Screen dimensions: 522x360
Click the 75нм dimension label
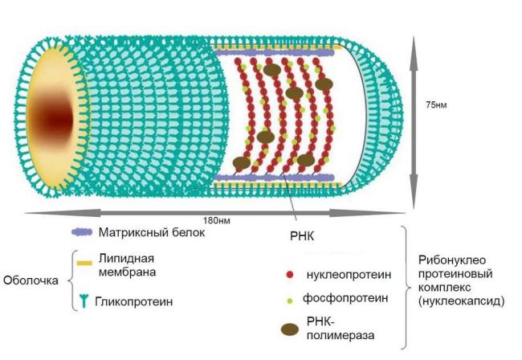(x=436, y=104)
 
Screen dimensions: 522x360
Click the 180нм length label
(x=217, y=220)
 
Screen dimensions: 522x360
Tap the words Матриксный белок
(x=152, y=232)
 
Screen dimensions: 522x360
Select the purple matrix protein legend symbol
(x=82, y=232)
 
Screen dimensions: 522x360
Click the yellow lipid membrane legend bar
(x=84, y=263)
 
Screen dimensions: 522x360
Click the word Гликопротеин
(x=134, y=301)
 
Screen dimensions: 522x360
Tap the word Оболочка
(x=31, y=280)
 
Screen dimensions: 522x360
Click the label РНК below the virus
(x=302, y=236)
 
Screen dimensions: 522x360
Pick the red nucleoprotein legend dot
(x=290, y=275)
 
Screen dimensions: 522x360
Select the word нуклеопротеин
(x=349, y=275)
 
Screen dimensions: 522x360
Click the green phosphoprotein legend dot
(x=290, y=301)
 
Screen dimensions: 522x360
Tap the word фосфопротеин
(x=345, y=298)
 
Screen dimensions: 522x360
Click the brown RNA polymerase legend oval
(x=290, y=329)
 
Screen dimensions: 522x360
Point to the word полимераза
(x=341, y=335)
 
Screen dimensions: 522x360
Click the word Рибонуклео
(x=452, y=260)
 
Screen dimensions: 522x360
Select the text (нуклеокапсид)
(x=462, y=301)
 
